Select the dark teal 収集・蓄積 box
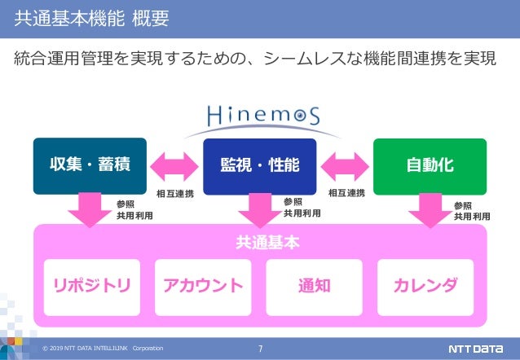click(x=82, y=166)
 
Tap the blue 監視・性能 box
click(x=259, y=166)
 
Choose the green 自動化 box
click(x=430, y=166)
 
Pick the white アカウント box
click(x=203, y=286)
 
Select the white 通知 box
click(x=314, y=286)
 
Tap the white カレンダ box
click(x=425, y=286)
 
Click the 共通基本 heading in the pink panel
click(x=259, y=243)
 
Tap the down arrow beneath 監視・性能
click(x=259, y=209)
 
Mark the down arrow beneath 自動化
click(x=430, y=209)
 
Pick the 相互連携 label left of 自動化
click(x=346, y=194)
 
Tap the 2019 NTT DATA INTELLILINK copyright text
click(x=103, y=349)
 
